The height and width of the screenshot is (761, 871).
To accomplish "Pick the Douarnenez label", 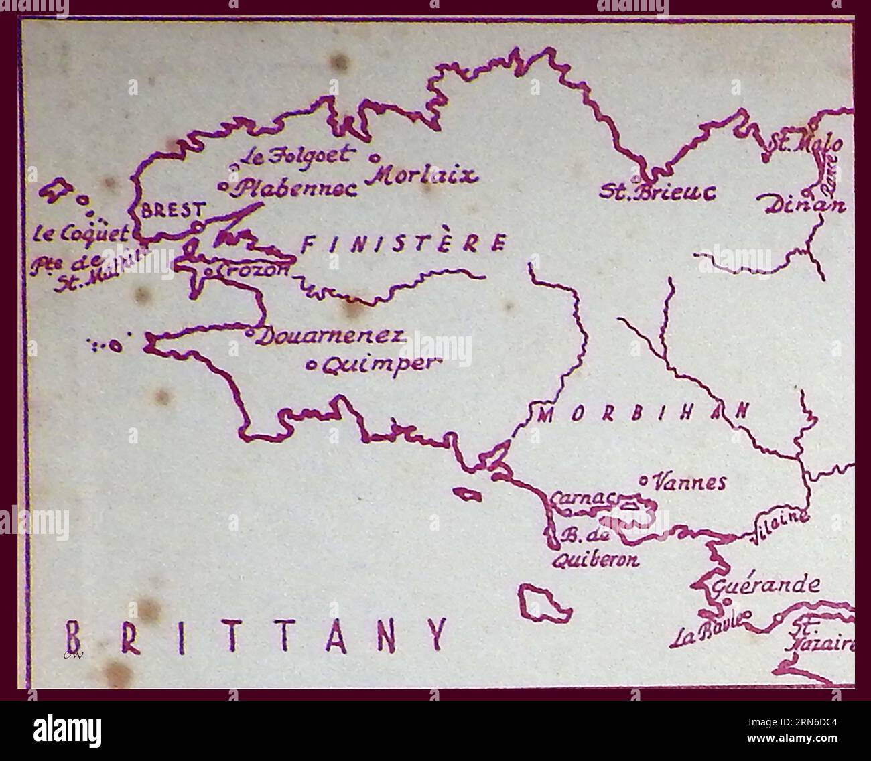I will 331,336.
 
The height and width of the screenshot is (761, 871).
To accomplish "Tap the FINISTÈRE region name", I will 403,244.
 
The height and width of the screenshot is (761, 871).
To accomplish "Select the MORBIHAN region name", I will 642,413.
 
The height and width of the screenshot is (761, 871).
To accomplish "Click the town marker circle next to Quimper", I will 312,366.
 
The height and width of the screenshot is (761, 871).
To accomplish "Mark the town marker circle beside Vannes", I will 643,480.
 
